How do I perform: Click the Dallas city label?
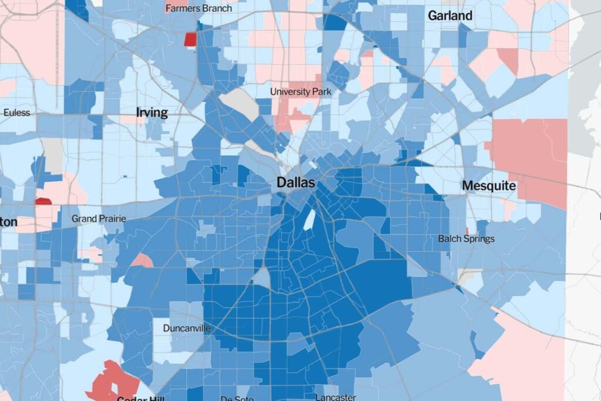coord(296,183)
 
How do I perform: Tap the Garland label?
coord(450,16)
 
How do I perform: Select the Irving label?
coord(152,112)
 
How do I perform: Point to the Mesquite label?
coord(489,186)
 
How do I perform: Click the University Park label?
coord(300,92)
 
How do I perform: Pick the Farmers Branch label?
coord(198,8)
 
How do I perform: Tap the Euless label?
coord(16,112)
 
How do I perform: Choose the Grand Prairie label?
coord(99,219)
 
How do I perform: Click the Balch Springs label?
coord(466,239)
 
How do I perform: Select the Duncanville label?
coord(187,328)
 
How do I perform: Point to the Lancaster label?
coord(335,397)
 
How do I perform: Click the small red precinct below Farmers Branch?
coord(190,39)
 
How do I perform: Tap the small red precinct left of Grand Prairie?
coord(43,201)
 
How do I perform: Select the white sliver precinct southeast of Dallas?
coord(308,220)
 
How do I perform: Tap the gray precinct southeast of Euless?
coord(53,155)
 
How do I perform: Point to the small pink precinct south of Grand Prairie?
coord(141,260)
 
